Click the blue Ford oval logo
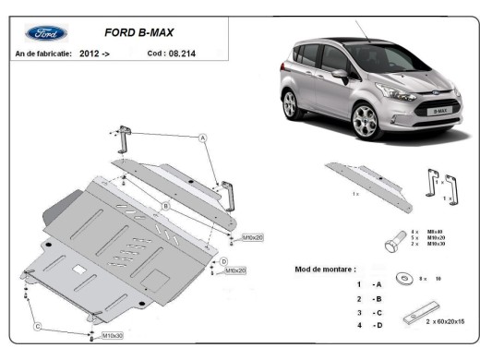tap(45, 32)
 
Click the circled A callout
tap(201, 137)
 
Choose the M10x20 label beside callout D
tap(235, 270)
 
